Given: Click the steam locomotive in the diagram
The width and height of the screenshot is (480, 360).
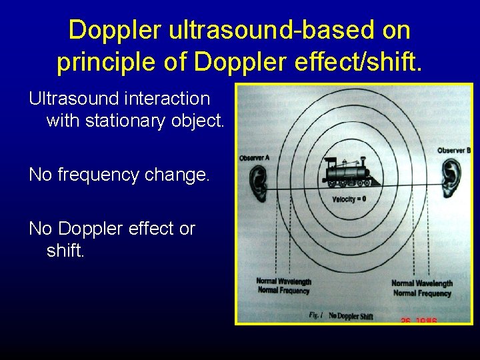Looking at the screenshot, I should pos(347,174).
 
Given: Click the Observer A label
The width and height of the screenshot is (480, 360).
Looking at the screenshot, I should pos(254,158).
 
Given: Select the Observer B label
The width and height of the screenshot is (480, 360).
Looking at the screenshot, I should pos(454,150).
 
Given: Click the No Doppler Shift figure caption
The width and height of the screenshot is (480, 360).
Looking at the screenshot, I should pos(351,315).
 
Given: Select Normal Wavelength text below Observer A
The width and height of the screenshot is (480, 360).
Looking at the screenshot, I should pos(283,281).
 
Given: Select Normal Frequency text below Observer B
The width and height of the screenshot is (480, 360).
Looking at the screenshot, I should pos(422,293).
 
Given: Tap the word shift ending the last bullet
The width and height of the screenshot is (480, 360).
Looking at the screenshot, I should pos(65,251).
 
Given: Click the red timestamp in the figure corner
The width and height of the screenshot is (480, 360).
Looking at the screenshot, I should pos(418,320).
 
